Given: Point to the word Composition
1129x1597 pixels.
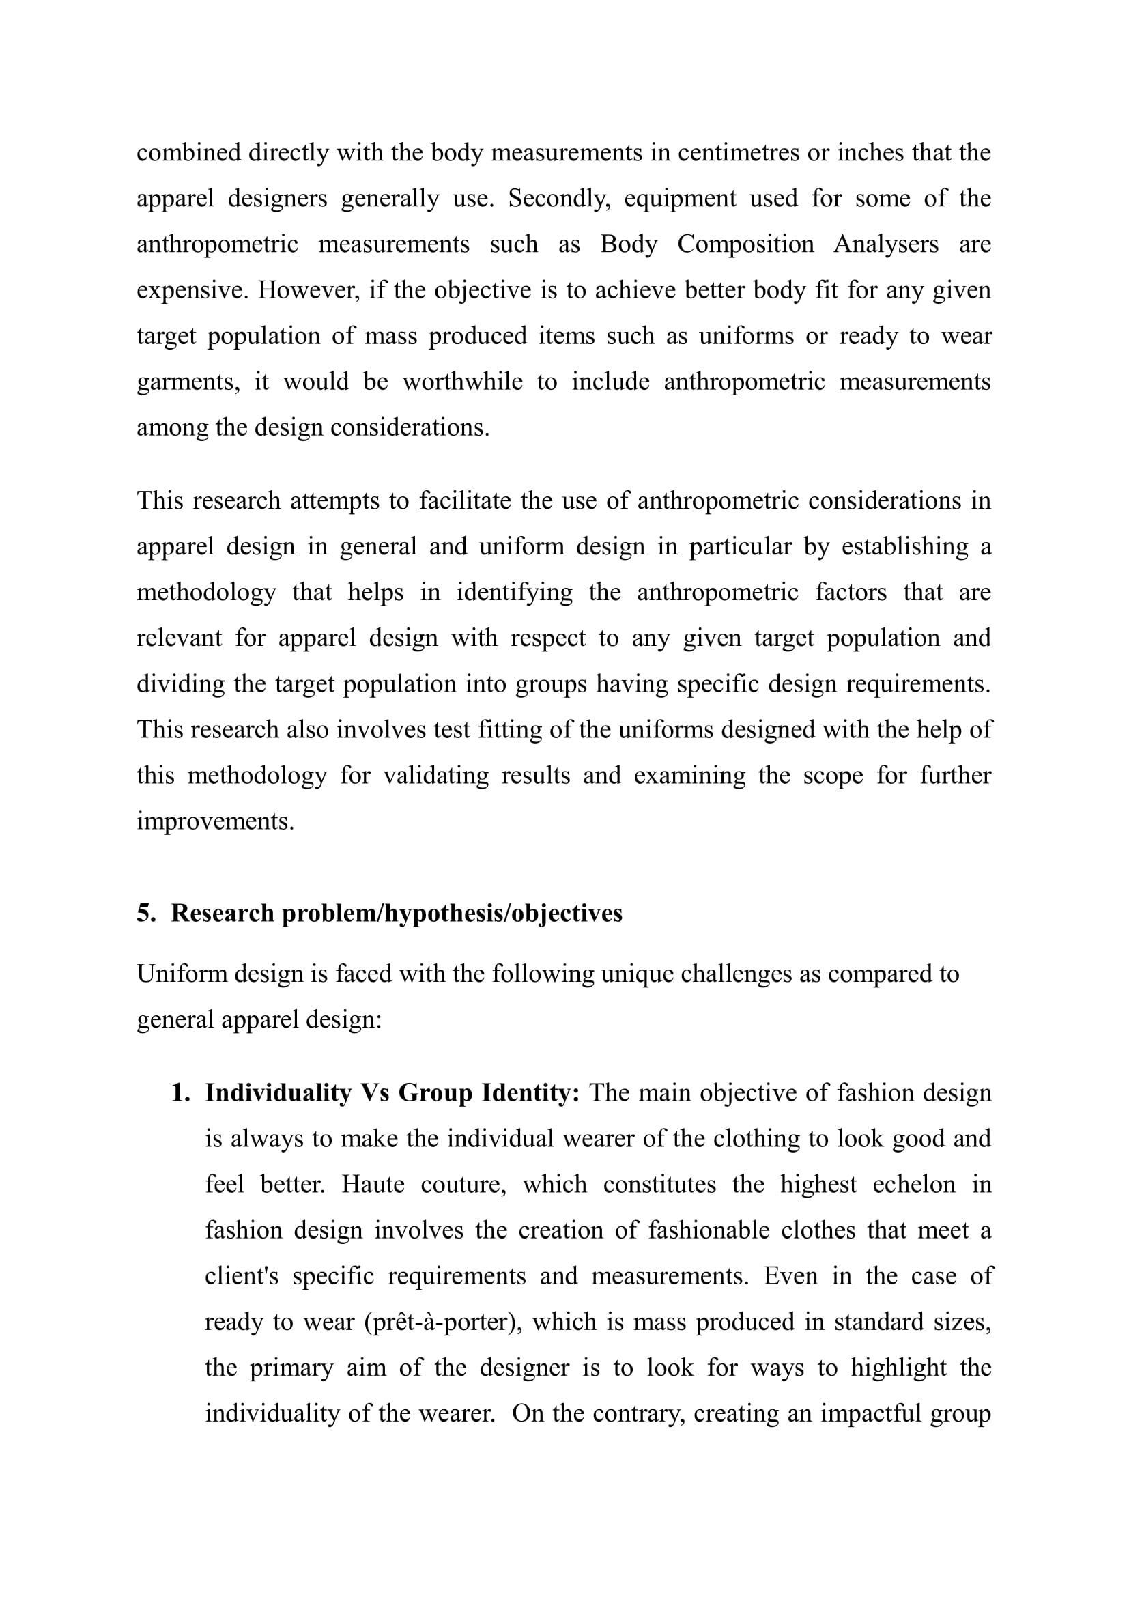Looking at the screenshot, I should click(x=745, y=244).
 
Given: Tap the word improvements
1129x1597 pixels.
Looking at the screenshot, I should click(x=216, y=821).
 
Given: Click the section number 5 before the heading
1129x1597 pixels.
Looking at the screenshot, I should click(x=145, y=914).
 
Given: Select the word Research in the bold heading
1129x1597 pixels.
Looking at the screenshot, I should click(x=223, y=914).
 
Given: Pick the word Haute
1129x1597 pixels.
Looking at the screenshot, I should click(x=373, y=1185).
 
